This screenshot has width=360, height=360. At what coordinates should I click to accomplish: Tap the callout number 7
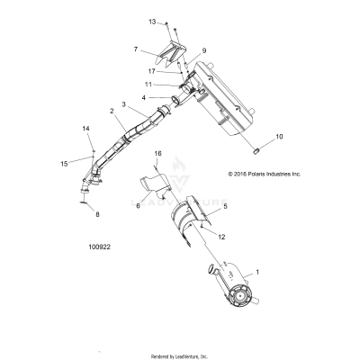click(135, 49)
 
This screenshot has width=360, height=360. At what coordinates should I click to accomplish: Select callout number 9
click(203, 51)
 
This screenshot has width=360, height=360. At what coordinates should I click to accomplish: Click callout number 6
click(139, 206)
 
